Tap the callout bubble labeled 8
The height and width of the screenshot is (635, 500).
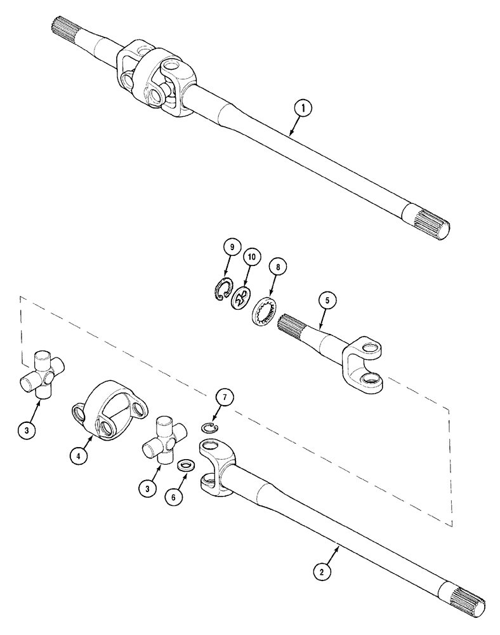coord(277,267)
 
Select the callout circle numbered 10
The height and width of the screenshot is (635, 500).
coord(251,258)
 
